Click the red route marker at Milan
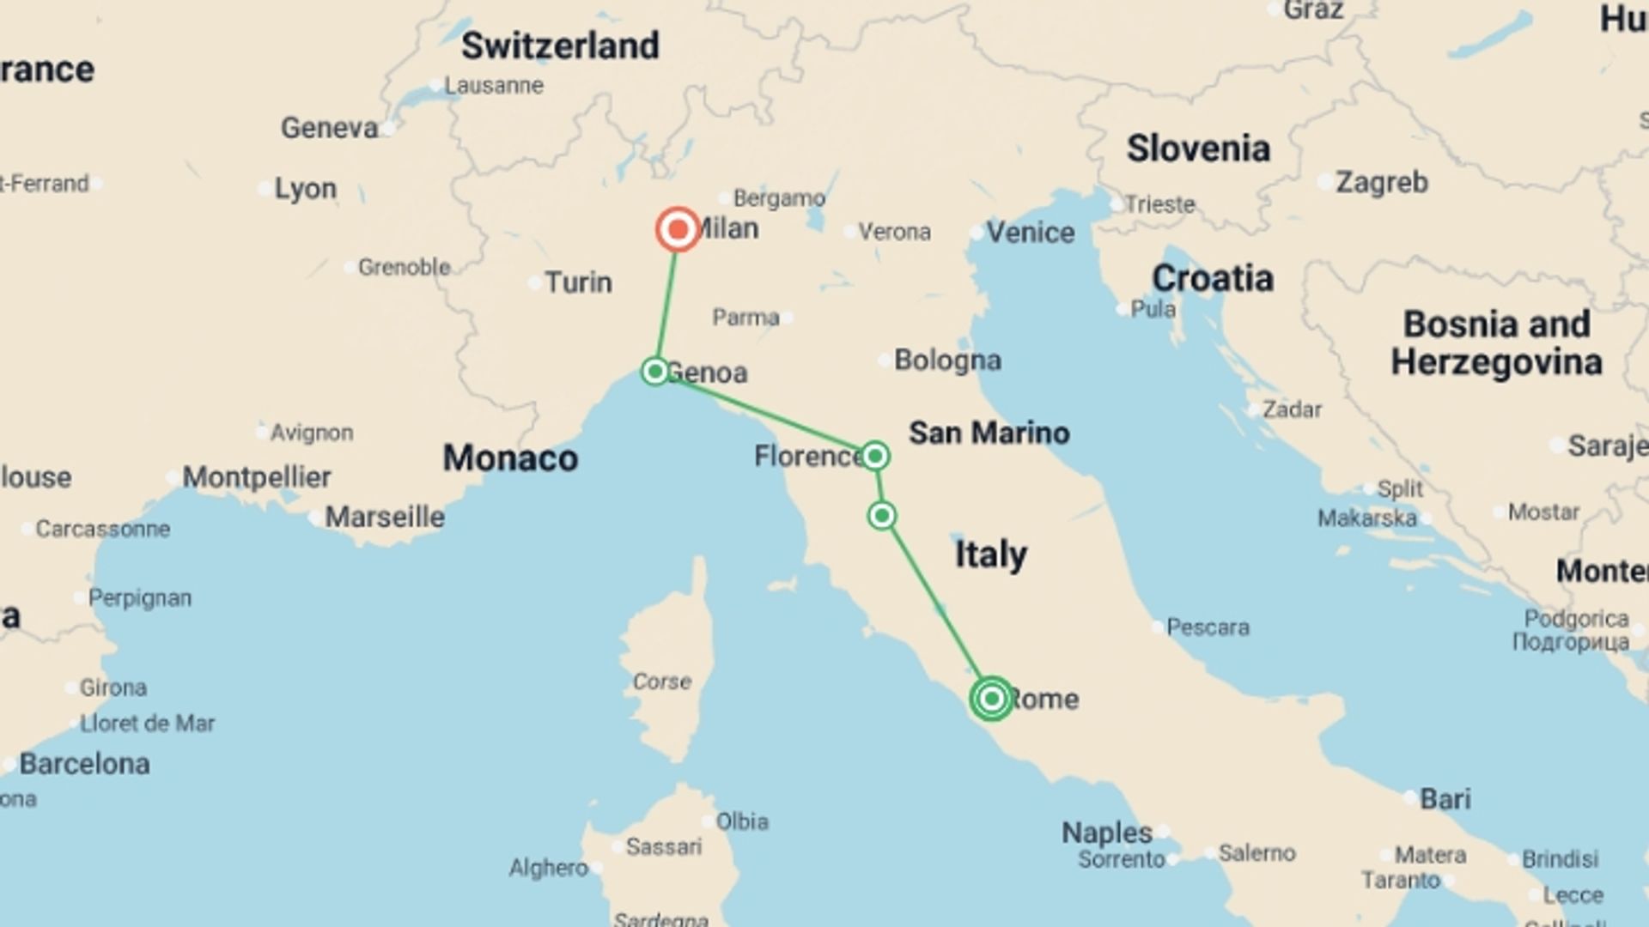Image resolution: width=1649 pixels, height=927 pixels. click(678, 229)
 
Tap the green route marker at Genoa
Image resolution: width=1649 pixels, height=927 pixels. click(655, 371)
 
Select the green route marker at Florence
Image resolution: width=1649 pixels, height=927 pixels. click(874, 455)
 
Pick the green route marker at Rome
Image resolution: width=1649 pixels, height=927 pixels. click(991, 698)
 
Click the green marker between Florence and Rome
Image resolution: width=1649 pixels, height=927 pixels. click(881, 515)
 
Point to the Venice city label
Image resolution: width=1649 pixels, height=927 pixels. click(1030, 232)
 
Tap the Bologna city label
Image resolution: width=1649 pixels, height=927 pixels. click(947, 360)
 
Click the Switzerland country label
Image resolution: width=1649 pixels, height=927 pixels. click(560, 45)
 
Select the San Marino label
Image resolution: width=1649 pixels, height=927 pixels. click(989, 433)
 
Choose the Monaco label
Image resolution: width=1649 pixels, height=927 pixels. click(510, 458)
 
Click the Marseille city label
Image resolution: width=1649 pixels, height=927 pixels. click(385, 517)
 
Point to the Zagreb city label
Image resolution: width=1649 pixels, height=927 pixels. click(1381, 182)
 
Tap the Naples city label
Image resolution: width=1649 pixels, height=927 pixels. click(1106, 832)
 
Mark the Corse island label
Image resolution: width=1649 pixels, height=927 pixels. click(661, 682)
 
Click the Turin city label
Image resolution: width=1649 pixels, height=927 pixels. click(578, 282)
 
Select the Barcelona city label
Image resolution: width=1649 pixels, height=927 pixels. click(84, 763)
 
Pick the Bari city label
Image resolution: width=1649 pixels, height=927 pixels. click(1445, 798)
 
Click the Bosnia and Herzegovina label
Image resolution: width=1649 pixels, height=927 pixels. click(1496, 342)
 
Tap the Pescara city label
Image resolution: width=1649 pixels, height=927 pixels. click(1207, 627)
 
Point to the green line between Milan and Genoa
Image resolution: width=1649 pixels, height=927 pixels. click(666, 300)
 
